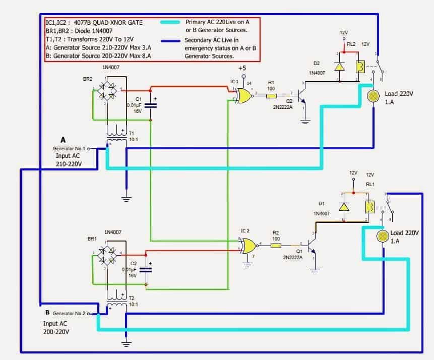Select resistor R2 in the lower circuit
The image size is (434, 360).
(276, 246)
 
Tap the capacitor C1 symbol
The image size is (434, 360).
(150, 105)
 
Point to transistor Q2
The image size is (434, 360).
(302, 95)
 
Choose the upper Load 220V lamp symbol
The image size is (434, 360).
(374, 97)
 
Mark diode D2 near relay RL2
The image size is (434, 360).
(339, 66)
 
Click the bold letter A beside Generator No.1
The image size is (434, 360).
(63, 139)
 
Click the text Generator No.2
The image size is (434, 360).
(69, 313)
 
